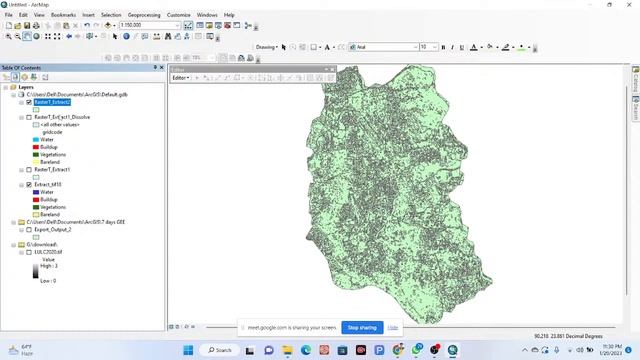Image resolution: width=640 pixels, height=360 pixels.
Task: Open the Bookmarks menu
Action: coord(63,15)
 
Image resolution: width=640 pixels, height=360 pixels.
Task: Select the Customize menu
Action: coord(179,15)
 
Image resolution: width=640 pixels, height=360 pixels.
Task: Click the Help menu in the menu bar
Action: coord(229,15)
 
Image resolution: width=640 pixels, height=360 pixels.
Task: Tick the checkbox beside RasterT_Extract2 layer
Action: coord(28,102)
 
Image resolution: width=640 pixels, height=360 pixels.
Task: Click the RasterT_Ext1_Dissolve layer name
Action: coord(62,117)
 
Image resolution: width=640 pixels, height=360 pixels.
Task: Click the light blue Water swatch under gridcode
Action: coord(35,139)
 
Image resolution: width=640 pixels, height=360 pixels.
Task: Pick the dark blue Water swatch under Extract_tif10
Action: coord(35,192)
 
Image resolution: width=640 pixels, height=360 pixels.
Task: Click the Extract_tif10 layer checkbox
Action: coord(28,184)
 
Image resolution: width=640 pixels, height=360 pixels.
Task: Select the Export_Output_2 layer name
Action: coord(52,229)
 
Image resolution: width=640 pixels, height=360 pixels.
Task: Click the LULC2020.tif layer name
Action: coord(49,252)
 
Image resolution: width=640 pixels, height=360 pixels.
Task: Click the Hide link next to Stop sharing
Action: coord(393,327)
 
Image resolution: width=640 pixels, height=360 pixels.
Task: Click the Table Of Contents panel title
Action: coord(22,67)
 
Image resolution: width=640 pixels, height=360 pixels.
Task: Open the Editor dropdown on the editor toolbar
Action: coord(181,77)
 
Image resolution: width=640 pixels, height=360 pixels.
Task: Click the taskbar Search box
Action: coord(218,350)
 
